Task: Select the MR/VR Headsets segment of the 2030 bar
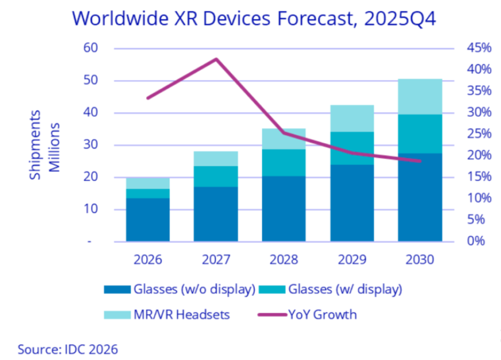420,97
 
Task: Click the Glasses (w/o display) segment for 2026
148,220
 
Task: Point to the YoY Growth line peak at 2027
216,59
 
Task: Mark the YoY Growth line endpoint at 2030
420,161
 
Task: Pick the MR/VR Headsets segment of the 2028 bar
284,139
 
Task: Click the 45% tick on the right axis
479,49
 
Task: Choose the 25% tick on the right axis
479,134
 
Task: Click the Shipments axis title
36,145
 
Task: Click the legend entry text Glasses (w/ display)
344,290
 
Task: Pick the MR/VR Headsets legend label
181,314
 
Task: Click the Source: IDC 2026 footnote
68,349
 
